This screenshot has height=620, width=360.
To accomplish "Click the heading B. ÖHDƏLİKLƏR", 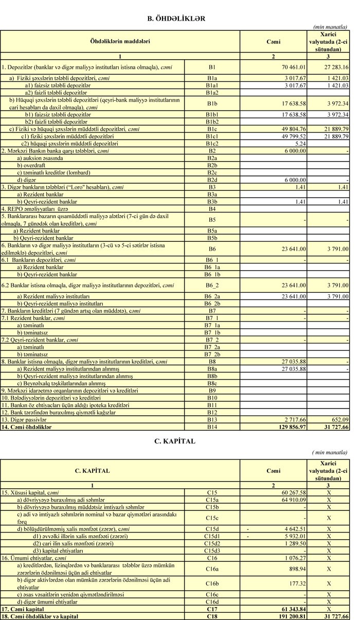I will coord(176,19).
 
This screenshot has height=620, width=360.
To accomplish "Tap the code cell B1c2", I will coord(212,144).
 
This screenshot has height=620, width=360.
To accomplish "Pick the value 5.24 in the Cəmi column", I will coord(299,144).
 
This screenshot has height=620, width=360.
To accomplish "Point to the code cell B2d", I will coord(212,180).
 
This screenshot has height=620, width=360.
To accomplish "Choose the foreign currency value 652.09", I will coord(338,420).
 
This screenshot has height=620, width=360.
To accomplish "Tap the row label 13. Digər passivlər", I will coord(23,420).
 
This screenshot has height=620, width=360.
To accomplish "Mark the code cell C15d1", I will coord(212,536).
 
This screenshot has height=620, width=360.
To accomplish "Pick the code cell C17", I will coord(212,609).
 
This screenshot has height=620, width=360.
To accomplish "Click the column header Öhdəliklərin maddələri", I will coord(120,41).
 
